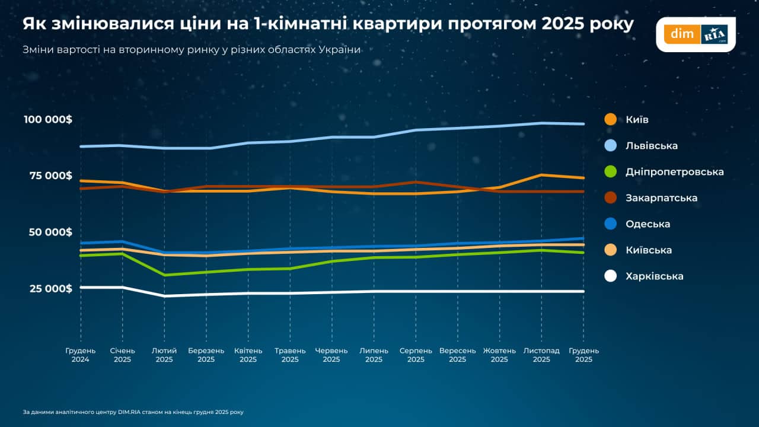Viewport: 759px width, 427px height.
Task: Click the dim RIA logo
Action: click(696, 34)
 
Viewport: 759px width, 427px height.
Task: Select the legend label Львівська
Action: click(651, 146)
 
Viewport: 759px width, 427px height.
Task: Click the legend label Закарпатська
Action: click(661, 198)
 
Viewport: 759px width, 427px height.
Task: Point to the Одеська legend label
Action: click(648, 224)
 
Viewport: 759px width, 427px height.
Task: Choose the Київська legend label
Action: click(649, 250)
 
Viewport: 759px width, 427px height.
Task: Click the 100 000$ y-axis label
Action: click(48, 120)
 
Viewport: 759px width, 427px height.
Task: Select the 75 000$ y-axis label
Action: click(50, 176)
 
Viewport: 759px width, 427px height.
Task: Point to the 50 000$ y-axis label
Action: click(50, 232)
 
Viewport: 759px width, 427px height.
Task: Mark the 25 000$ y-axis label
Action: click(50, 289)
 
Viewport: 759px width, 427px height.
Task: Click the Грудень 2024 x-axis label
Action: click(80, 355)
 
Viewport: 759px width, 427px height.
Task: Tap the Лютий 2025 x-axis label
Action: click(164, 355)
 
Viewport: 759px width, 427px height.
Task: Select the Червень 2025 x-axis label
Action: click(331, 355)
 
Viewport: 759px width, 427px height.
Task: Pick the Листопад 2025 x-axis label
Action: click(541, 355)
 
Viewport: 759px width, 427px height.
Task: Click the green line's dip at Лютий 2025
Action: click(164, 275)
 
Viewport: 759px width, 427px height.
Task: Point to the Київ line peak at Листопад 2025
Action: click(541, 175)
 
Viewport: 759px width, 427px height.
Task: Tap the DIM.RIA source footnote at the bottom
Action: click(133, 412)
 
